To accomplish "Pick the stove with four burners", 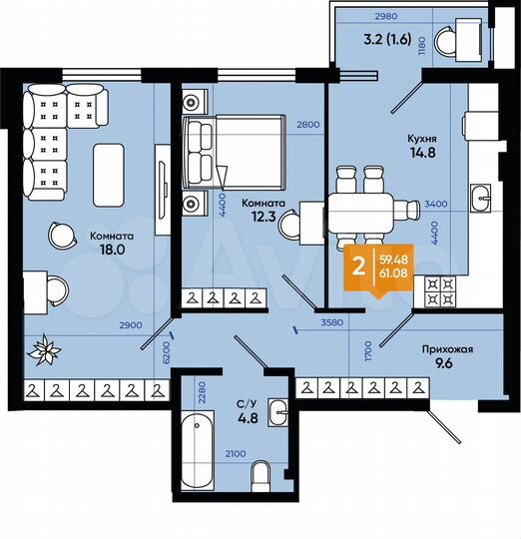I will click(x=442, y=292).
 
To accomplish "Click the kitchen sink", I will click(x=481, y=197).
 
